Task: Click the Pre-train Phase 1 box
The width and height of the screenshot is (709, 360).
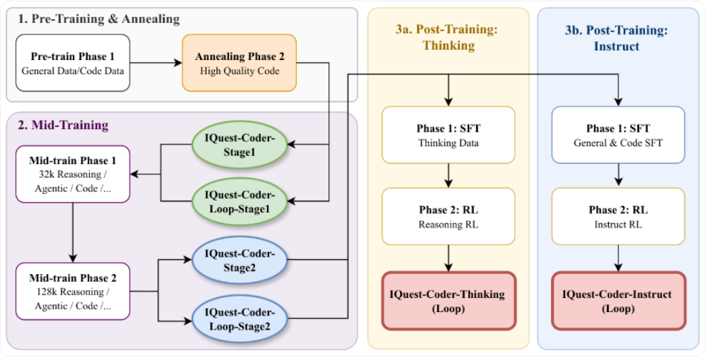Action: tap(72, 62)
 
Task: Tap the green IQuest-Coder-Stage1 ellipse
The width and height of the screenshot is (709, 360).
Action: tap(239, 145)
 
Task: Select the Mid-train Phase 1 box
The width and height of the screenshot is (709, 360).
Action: tap(72, 174)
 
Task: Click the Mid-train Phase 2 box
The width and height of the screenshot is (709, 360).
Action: tap(72, 291)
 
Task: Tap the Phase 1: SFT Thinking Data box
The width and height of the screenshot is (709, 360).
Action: tap(448, 135)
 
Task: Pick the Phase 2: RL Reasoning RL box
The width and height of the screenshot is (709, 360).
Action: tap(448, 216)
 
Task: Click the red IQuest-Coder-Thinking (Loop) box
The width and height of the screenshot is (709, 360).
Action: tap(448, 301)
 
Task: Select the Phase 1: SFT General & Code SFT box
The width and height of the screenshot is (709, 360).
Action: tap(618, 135)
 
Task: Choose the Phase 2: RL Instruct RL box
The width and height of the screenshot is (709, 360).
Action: tap(618, 216)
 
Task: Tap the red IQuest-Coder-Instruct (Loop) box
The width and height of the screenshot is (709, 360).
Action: tap(618, 301)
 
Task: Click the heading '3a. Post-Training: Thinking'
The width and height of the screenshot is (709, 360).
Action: tap(448, 37)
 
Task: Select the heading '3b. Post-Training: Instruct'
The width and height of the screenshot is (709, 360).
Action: tap(618, 37)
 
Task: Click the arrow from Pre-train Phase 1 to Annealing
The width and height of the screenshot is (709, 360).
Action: tap(156, 63)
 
